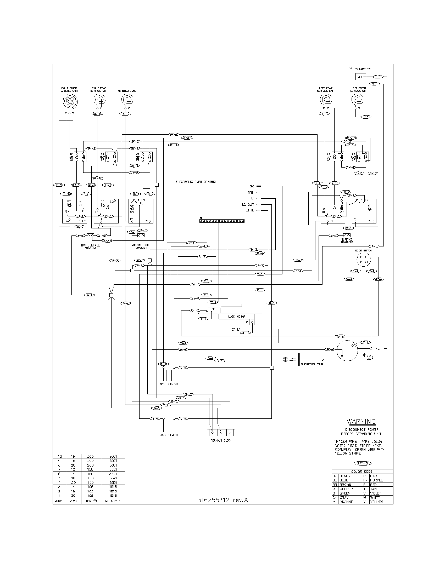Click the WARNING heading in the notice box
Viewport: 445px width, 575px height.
click(361, 422)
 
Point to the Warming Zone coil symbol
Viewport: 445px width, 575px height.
click(127, 100)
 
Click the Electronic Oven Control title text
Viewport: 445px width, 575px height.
click(196, 182)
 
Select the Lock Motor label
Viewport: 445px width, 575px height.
click(237, 317)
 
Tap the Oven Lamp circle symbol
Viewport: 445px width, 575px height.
click(347, 350)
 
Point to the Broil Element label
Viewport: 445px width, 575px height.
click(169, 384)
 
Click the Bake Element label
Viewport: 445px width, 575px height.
click(169, 435)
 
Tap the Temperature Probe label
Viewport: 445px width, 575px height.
click(312, 364)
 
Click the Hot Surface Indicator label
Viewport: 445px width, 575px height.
click(90, 246)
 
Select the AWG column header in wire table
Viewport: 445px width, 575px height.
click(73, 501)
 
